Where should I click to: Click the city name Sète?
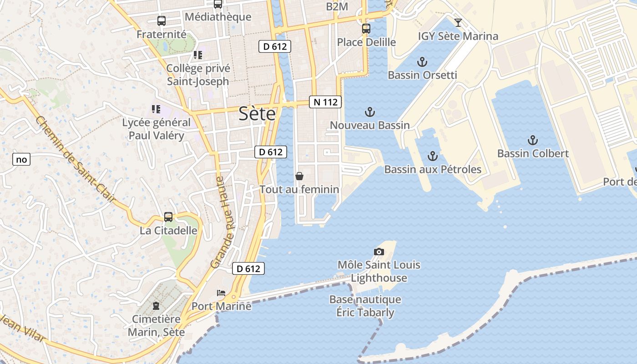[x=257, y=114]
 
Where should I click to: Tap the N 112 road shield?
[x=325, y=102]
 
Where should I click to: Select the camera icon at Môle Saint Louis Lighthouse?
[x=379, y=252]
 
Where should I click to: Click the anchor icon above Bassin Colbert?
[x=532, y=140]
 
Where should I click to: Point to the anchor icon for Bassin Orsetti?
[x=422, y=62]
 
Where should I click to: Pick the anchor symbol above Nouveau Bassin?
[x=370, y=112]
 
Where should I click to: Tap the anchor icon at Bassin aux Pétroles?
[x=432, y=157]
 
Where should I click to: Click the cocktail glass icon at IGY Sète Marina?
[x=458, y=22]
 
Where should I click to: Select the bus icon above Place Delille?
[x=366, y=29]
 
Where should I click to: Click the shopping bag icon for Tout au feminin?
[x=299, y=176]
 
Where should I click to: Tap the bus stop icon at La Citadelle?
[x=168, y=217]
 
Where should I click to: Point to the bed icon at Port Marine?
[x=221, y=293]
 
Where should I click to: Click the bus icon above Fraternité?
[x=162, y=20]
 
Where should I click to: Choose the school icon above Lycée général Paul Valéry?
[x=156, y=109]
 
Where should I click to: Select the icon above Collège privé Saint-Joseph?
[x=197, y=55]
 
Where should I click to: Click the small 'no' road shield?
[x=21, y=159]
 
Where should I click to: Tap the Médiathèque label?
[x=218, y=17]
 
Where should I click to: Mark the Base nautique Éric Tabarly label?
[x=365, y=306]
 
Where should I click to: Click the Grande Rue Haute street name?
[x=222, y=222]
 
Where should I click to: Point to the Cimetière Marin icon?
[x=156, y=305]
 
